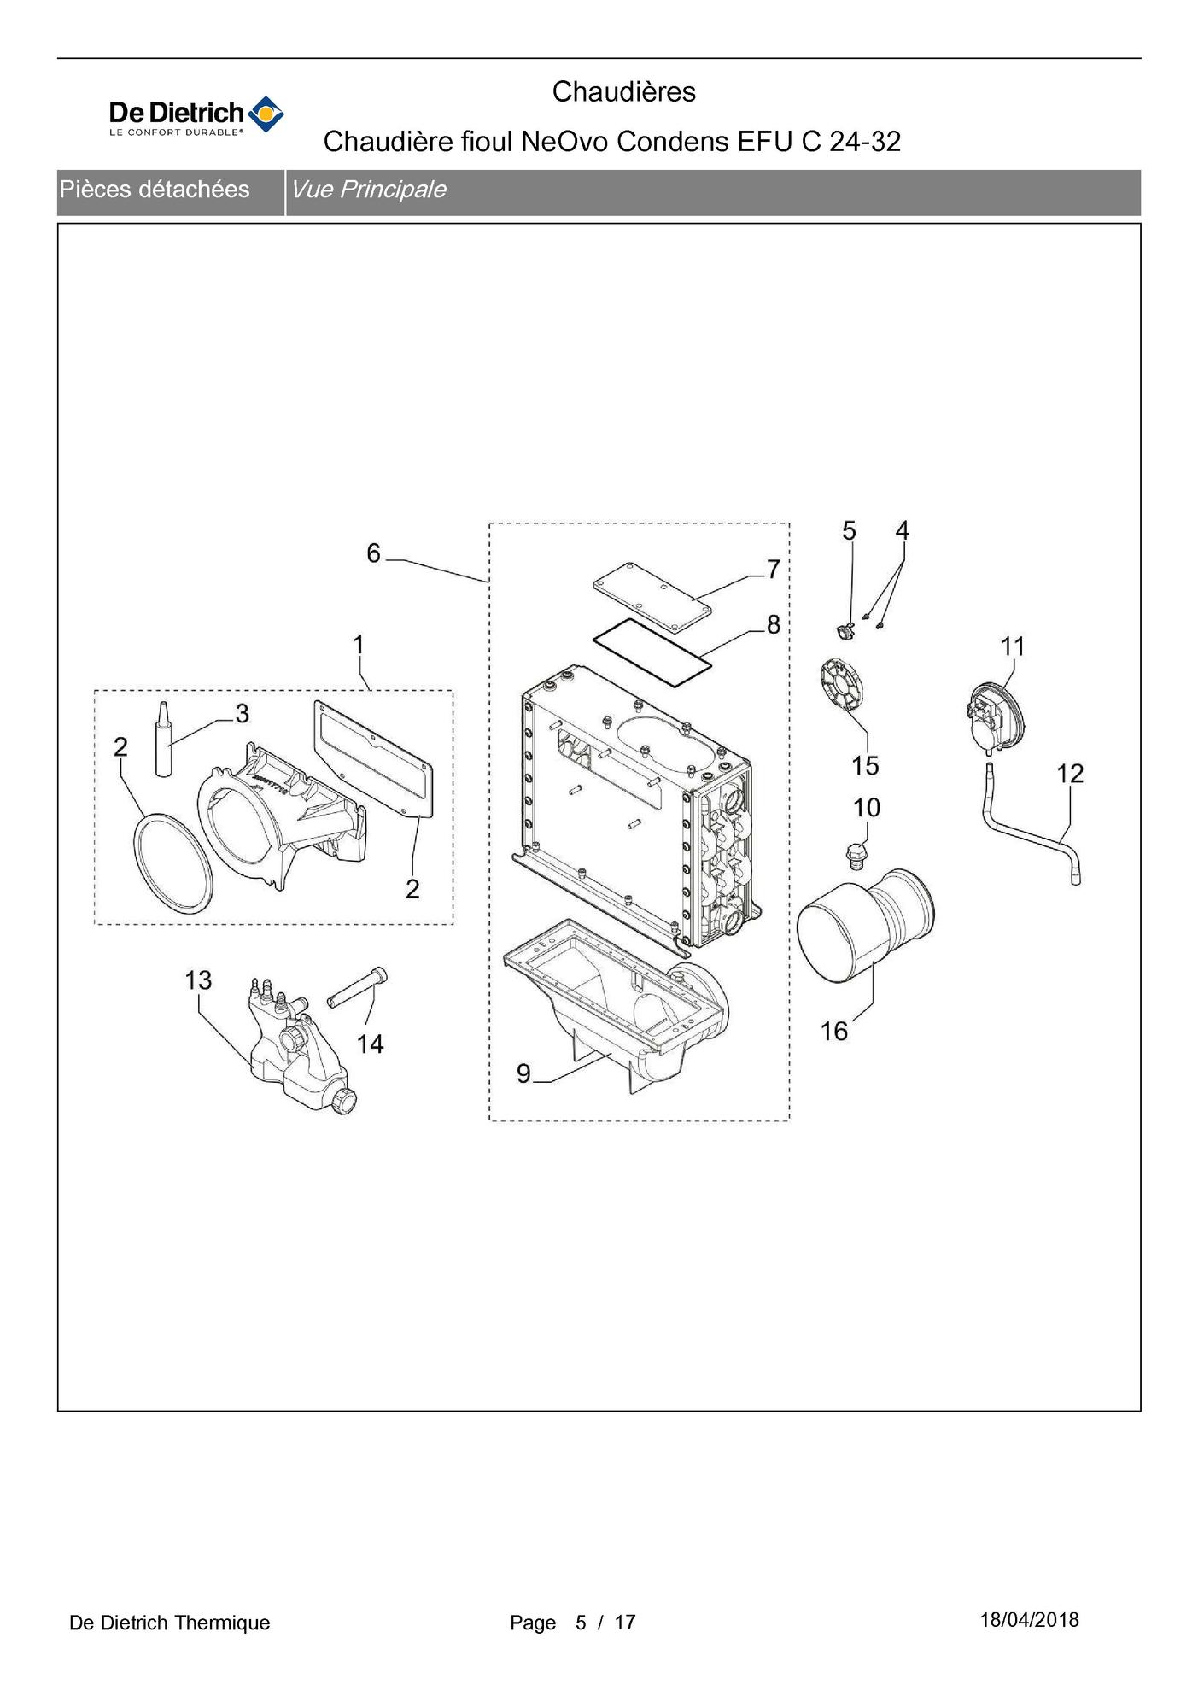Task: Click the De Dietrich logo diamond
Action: pyautogui.click(x=266, y=114)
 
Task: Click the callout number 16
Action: pyautogui.click(x=834, y=1032)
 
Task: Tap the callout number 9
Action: pyautogui.click(x=523, y=1073)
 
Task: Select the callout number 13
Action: pyautogui.click(x=198, y=980)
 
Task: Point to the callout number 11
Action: pyautogui.click(x=1013, y=646)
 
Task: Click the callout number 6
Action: pyautogui.click(x=373, y=553)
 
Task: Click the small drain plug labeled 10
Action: pyautogui.click(x=855, y=857)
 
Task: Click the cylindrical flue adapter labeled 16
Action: pyautogui.click(x=865, y=923)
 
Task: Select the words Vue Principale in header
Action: pyautogui.click(x=368, y=190)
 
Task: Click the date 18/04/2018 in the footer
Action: pyautogui.click(x=1029, y=1620)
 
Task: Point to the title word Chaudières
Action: pyautogui.click(x=623, y=91)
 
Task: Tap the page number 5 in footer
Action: pyautogui.click(x=581, y=1623)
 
